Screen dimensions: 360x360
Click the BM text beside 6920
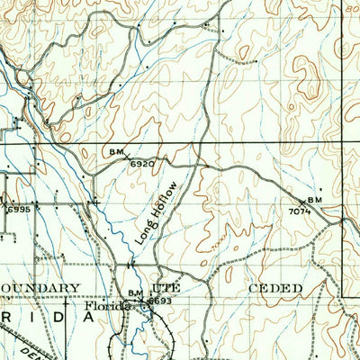117,153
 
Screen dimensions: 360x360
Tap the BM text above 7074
314,199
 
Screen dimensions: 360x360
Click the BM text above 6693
136,292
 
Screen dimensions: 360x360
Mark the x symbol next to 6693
147,301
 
